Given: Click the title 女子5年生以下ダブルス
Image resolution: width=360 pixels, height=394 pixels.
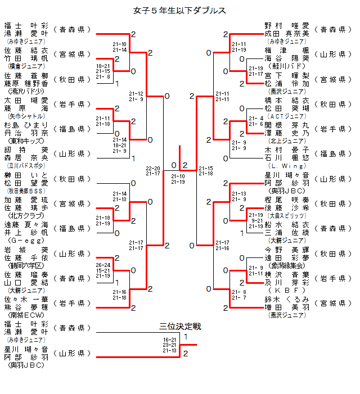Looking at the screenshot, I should click(x=180, y=11).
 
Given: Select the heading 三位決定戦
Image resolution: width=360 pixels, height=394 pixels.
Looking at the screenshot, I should click(x=180, y=327).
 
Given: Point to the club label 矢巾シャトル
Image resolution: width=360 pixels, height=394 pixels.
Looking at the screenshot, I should click(x=25, y=115).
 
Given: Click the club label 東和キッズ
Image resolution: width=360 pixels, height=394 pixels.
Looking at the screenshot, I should click(x=25, y=141).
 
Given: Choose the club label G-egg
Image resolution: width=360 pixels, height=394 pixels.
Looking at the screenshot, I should click(x=25, y=239).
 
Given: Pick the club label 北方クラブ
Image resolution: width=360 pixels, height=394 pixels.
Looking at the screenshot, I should click(x=25, y=215).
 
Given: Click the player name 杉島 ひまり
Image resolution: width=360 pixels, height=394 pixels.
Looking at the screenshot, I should click(x=26, y=125).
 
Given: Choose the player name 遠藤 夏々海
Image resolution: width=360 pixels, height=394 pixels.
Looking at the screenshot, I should click(x=26, y=224).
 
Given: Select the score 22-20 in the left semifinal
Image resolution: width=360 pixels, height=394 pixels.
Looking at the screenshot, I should click(x=152, y=168).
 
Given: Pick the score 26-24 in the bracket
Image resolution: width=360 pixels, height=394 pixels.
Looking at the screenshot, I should click(x=103, y=265).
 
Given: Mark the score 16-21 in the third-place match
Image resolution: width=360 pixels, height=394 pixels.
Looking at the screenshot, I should click(x=169, y=339).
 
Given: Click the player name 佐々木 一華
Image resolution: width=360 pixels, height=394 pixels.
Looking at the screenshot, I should click(x=26, y=300).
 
